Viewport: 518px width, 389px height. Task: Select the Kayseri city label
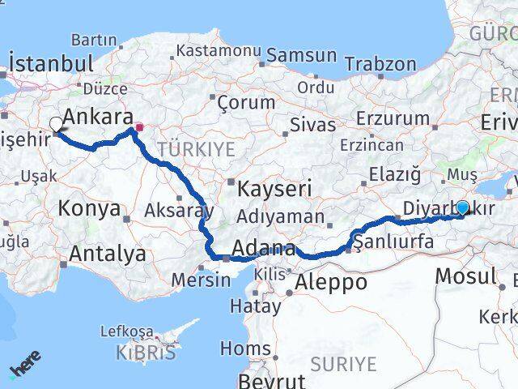pyautogui.click(x=275, y=190)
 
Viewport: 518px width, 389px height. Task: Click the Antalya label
pyautogui.click(x=107, y=254)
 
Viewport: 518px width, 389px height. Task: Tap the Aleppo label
pyautogui.click(x=331, y=282)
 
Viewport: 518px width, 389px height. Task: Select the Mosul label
pyautogui.click(x=465, y=276)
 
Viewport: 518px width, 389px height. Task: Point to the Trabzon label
pyautogui.click(x=380, y=64)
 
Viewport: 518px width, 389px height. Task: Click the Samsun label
pyautogui.click(x=301, y=56)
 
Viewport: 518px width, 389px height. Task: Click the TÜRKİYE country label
pyautogui.click(x=196, y=149)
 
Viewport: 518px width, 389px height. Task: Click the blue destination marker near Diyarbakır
pyautogui.click(x=462, y=207)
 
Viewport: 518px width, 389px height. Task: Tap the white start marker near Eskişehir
pyautogui.click(x=56, y=124)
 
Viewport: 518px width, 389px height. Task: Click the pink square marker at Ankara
pyautogui.click(x=139, y=127)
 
